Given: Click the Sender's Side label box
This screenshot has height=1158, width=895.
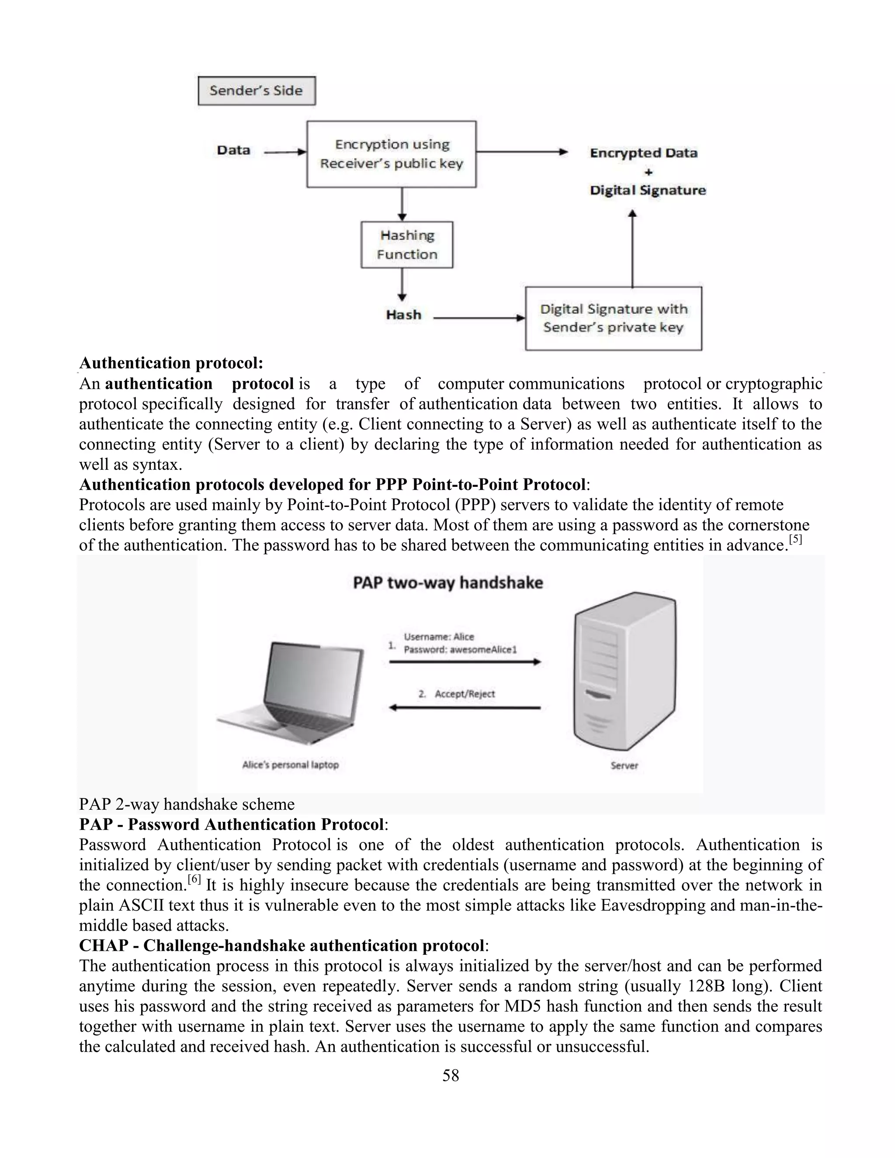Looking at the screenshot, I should (x=256, y=90).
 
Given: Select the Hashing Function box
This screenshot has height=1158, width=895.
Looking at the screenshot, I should (x=407, y=244).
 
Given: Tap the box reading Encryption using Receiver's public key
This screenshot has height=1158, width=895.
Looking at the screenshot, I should (x=391, y=154).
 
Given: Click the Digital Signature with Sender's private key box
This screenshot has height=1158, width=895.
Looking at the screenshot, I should (x=613, y=318).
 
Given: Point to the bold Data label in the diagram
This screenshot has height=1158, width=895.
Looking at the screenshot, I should (x=233, y=151).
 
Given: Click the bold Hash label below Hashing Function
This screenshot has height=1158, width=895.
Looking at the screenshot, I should (x=403, y=315).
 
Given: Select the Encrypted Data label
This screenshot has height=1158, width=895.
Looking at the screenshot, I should (x=643, y=153).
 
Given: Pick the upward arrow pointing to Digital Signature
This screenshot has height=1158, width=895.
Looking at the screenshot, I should (x=632, y=249).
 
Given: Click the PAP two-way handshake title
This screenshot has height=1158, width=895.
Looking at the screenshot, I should (x=448, y=582).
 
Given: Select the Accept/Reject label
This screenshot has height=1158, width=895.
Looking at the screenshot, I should (x=465, y=694).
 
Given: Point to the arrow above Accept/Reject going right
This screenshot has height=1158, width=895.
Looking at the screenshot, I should (x=465, y=662).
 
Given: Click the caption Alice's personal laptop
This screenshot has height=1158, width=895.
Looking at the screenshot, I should (x=290, y=765).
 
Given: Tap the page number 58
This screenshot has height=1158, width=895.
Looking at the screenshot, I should (x=450, y=1076).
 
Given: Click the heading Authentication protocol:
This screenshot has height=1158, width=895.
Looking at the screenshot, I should (x=171, y=363).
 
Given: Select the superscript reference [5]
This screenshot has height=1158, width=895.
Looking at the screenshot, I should (x=795, y=540).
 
